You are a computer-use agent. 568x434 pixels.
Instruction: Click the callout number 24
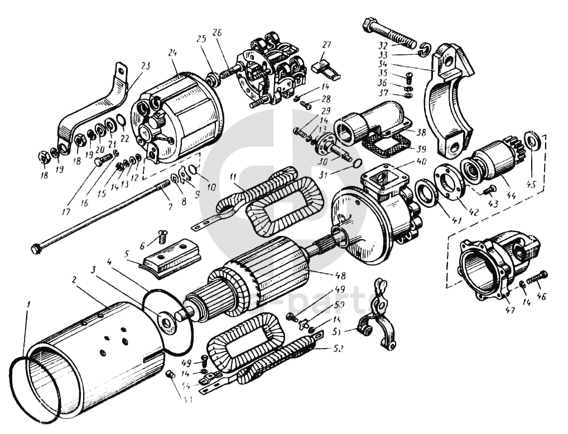pyautogui.click(x=172, y=53)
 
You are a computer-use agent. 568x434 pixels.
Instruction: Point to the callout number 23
pyautogui.click(x=146, y=66)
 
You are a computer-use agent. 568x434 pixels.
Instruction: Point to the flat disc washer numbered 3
pyautogui.click(x=167, y=322)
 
